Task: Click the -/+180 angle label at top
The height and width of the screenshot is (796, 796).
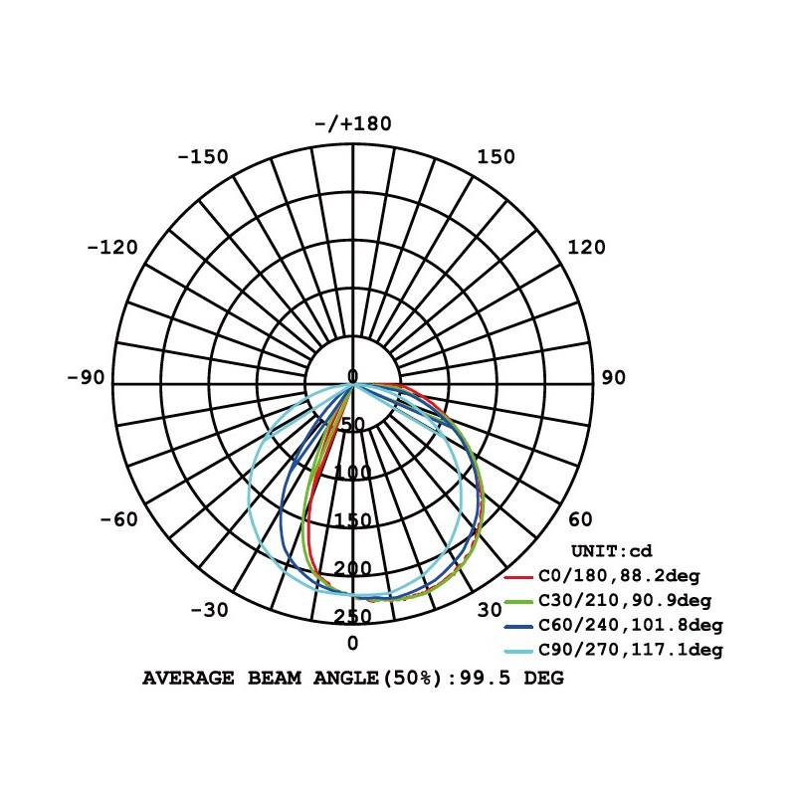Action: [x=353, y=123]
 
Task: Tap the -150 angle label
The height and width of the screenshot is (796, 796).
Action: [x=203, y=157]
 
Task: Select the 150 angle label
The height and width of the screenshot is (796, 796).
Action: [x=496, y=157]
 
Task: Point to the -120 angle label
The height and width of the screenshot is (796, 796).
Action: [x=112, y=248]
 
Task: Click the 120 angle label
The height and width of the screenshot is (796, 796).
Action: [x=586, y=248]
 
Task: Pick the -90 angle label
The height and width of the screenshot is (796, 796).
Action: [x=86, y=378]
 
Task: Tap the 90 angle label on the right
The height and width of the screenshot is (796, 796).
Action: [x=613, y=378]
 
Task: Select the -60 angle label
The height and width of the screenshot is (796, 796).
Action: [x=118, y=519]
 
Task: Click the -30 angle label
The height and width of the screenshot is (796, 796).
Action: [x=209, y=610]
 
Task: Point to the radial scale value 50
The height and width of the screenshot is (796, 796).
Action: [x=353, y=425]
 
